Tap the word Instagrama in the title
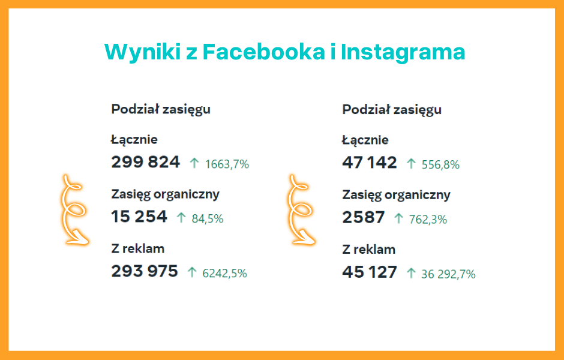(x=403, y=52)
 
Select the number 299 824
(x=145, y=162)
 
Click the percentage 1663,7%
(x=227, y=164)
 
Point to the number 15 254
(x=139, y=217)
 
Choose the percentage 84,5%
(x=208, y=219)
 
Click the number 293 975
(x=145, y=271)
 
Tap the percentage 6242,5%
(x=225, y=273)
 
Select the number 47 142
(x=370, y=163)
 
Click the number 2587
(x=364, y=217)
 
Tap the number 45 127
(x=370, y=272)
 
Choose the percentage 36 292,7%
(x=448, y=274)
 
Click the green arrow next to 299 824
(x=194, y=163)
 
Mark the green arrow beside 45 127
(x=411, y=273)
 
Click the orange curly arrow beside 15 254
(x=75, y=210)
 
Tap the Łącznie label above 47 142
(x=365, y=140)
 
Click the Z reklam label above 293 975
(x=137, y=248)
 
